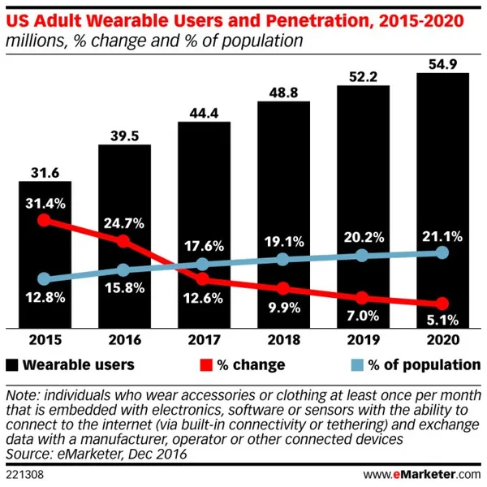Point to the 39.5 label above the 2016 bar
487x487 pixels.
(x=124, y=133)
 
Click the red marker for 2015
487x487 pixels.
(x=45, y=220)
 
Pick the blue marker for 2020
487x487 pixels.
(x=442, y=252)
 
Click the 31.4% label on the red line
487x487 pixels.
(x=45, y=201)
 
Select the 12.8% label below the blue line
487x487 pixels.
(x=45, y=299)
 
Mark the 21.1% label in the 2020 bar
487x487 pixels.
(x=442, y=235)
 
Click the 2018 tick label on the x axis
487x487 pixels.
(x=283, y=340)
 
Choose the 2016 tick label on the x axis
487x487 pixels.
(x=124, y=340)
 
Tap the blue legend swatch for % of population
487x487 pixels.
(x=351, y=364)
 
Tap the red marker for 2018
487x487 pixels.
(x=283, y=289)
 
